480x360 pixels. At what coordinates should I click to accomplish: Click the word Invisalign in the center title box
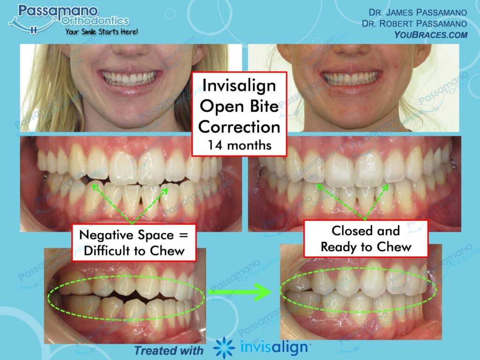coord(239,86)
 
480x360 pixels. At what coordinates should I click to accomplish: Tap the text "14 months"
coord(239,144)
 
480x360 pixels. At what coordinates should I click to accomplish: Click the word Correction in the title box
coord(239,127)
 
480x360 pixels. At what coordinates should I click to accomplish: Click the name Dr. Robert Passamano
coord(414,23)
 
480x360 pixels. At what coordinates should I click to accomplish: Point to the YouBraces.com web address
coord(431,34)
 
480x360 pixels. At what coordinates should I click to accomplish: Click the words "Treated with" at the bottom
coord(169,350)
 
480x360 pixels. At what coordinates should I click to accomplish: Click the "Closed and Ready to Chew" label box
coord(366,238)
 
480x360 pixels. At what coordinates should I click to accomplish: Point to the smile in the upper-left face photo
coord(130,78)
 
